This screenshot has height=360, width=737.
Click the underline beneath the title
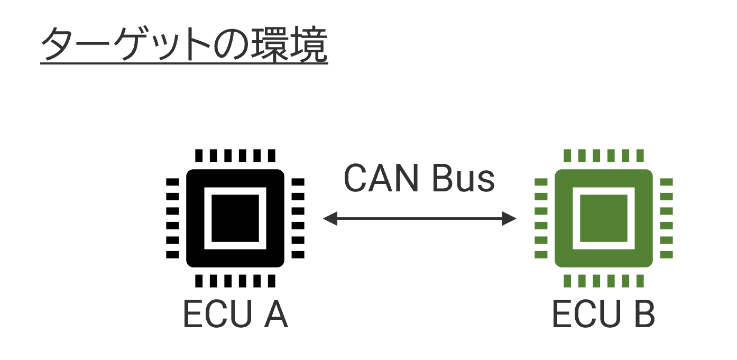[x=184, y=64]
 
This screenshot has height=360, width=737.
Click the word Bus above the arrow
[x=463, y=178]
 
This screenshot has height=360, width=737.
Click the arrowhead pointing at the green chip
[x=510, y=218]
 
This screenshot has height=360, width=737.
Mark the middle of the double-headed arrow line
[x=420, y=218]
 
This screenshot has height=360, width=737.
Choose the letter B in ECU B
[x=643, y=315]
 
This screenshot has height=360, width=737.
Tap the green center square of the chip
[x=603, y=218]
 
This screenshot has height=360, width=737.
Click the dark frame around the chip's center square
[x=603, y=191]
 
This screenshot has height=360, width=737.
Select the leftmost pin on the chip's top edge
[x=568, y=155]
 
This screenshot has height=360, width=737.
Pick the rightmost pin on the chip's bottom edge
[x=640, y=280]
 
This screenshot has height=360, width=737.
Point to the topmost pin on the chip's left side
[x=541, y=182]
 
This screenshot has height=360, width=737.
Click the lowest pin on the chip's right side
[x=666, y=254]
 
